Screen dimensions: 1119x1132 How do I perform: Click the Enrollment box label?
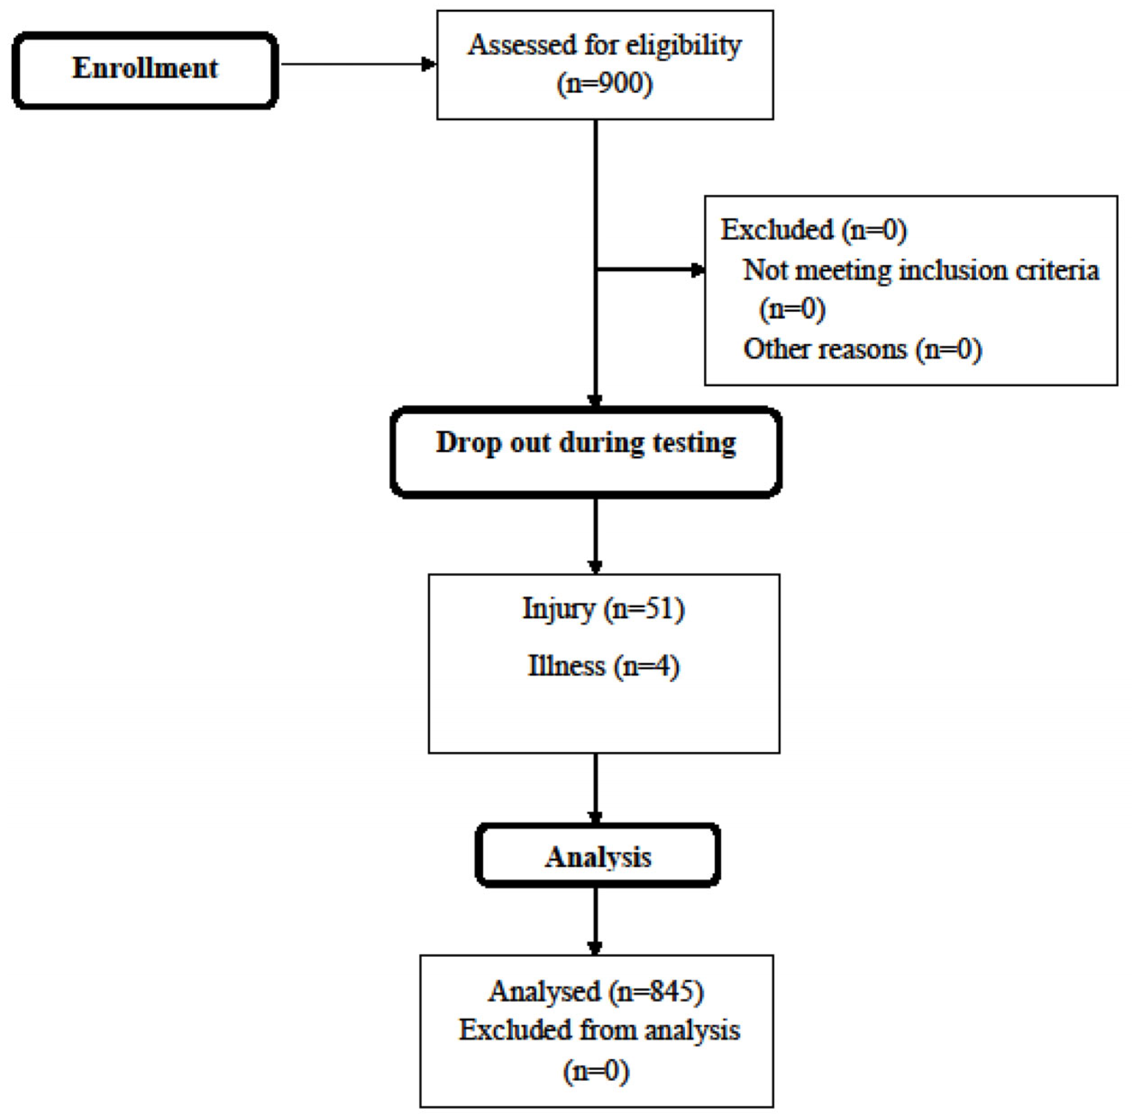[145, 68]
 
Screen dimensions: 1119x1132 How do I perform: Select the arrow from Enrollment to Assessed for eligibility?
[357, 64]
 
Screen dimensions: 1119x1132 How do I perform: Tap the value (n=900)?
[604, 84]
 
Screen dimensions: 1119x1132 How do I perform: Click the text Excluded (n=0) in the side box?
[813, 230]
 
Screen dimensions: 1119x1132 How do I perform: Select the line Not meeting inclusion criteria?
[920, 271]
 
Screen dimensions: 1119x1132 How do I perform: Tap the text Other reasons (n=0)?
[862, 349]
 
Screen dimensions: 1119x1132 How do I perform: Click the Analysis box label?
[598, 857]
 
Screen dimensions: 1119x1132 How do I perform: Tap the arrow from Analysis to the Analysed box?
[596, 920]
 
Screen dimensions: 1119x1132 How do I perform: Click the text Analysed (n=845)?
[596, 991]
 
